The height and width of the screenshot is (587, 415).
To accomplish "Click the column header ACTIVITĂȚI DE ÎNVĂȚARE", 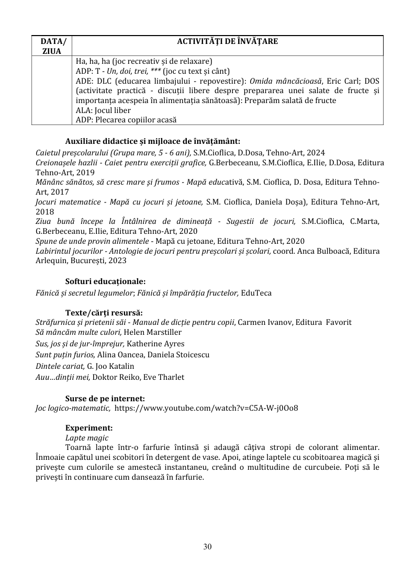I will pyautogui.click(x=227, y=41).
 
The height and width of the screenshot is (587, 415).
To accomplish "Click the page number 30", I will pyautogui.click(x=207, y=547).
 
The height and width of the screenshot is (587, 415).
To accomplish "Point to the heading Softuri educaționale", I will pyautogui.click(x=105, y=281).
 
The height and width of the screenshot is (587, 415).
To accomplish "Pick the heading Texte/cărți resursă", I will pyautogui.click(x=100, y=313).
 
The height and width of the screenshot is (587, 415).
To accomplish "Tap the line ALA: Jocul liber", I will pyautogui.click(x=103, y=110).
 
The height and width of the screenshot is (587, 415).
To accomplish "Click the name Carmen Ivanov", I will pyautogui.click(x=260, y=322).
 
